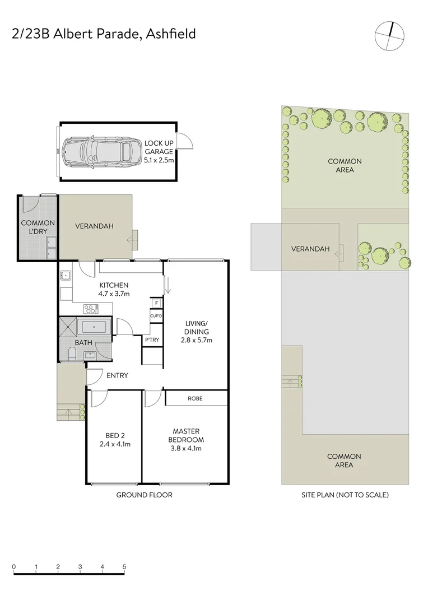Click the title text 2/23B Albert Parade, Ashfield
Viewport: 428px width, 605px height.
click(x=104, y=34)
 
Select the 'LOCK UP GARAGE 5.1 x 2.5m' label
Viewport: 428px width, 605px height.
click(x=160, y=152)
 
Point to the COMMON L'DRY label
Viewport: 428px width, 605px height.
click(x=38, y=227)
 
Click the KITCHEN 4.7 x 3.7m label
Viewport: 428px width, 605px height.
click(x=114, y=289)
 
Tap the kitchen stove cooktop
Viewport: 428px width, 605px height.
click(x=90, y=308)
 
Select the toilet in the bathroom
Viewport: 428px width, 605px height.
click(x=71, y=353)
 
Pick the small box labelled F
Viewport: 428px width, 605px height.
click(x=156, y=304)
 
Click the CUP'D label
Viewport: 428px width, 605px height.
click(x=156, y=316)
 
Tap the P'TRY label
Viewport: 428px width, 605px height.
click(x=151, y=340)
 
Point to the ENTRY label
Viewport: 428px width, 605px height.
click(x=118, y=375)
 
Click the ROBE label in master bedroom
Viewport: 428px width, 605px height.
click(x=196, y=398)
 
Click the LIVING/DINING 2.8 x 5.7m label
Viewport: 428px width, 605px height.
click(x=197, y=332)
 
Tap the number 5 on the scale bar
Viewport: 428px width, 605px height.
click(x=124, y=566)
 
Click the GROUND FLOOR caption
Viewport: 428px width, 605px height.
click(x=144, y=495)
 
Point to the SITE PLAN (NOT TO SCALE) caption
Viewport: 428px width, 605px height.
click(x=345, y=495)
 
